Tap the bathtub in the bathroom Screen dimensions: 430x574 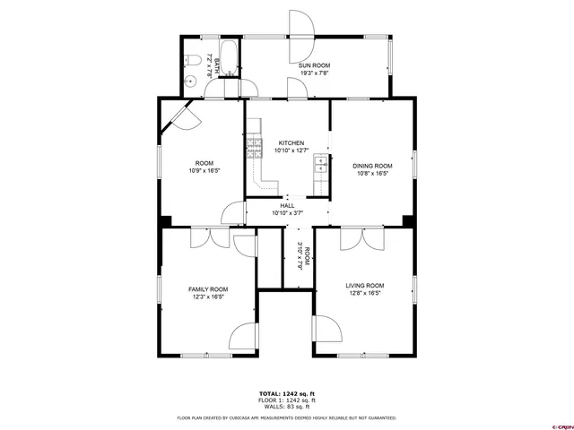(x=228, y=59)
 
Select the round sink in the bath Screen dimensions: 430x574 (x=191, y=82)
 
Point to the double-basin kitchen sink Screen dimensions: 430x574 (x=319, y=164)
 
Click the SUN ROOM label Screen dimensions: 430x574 (x=315, y=66)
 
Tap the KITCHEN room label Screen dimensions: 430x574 (x=291, y=143)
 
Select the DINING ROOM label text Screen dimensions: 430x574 (x=372, y=166)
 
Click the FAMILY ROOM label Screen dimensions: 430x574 (x=207, y=289)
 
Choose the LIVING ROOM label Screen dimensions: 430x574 (x=364, y=286)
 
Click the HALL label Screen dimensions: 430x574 (x=288, y=205)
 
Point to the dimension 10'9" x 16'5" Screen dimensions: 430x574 (x=204, y=170)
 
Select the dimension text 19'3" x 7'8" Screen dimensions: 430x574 (x=315, y=73)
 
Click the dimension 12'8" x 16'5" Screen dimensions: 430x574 (x=364, y=293)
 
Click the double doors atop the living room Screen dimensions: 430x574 (x=364, y=239)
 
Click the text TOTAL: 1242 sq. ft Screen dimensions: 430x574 (x=287, y=394)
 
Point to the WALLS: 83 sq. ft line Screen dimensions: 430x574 (x=287, y=407)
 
